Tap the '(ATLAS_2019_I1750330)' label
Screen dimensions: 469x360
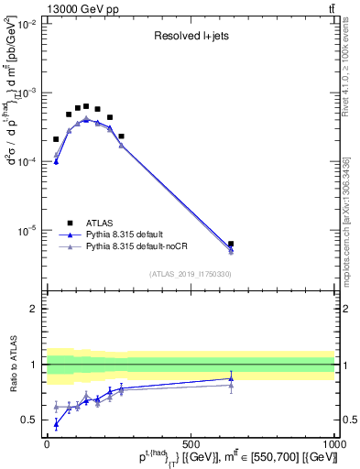[191, 274]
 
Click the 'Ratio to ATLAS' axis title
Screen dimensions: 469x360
[12, 364]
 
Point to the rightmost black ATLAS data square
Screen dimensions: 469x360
[231, 245]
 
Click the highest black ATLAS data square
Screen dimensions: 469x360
[86, 106]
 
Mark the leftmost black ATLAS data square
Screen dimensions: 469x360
[56, 139]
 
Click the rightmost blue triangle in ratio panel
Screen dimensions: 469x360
[231, 378]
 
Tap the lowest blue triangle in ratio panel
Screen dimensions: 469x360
[57, 423]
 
